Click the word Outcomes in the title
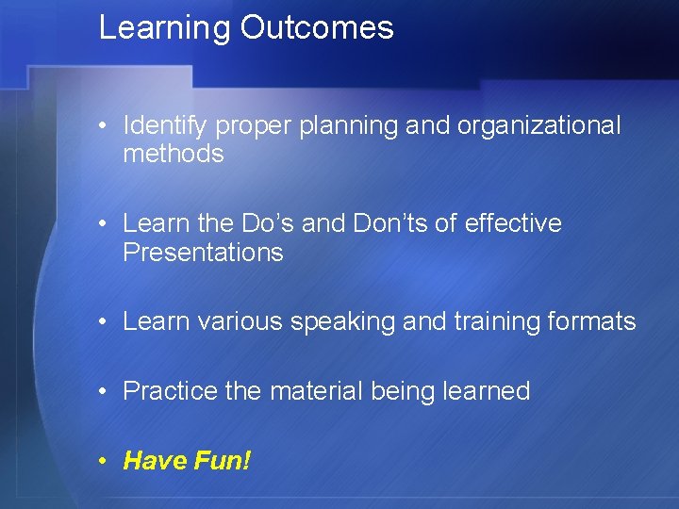317,28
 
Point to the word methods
174,154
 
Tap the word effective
514,223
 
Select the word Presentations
203,252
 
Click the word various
240,321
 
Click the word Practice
171,390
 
